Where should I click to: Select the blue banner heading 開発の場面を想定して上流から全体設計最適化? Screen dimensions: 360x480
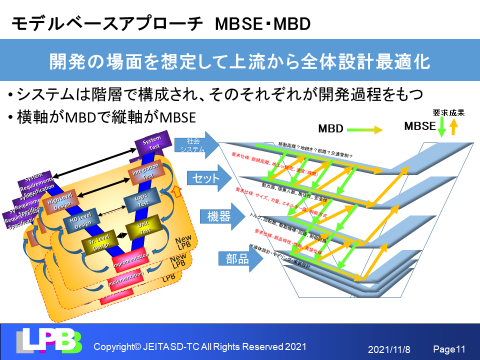click(240, 60)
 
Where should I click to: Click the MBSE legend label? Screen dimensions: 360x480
click(418, 128)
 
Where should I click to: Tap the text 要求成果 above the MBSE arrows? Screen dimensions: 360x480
click(447, 113)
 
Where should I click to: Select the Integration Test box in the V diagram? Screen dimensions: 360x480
click(141, 172)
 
